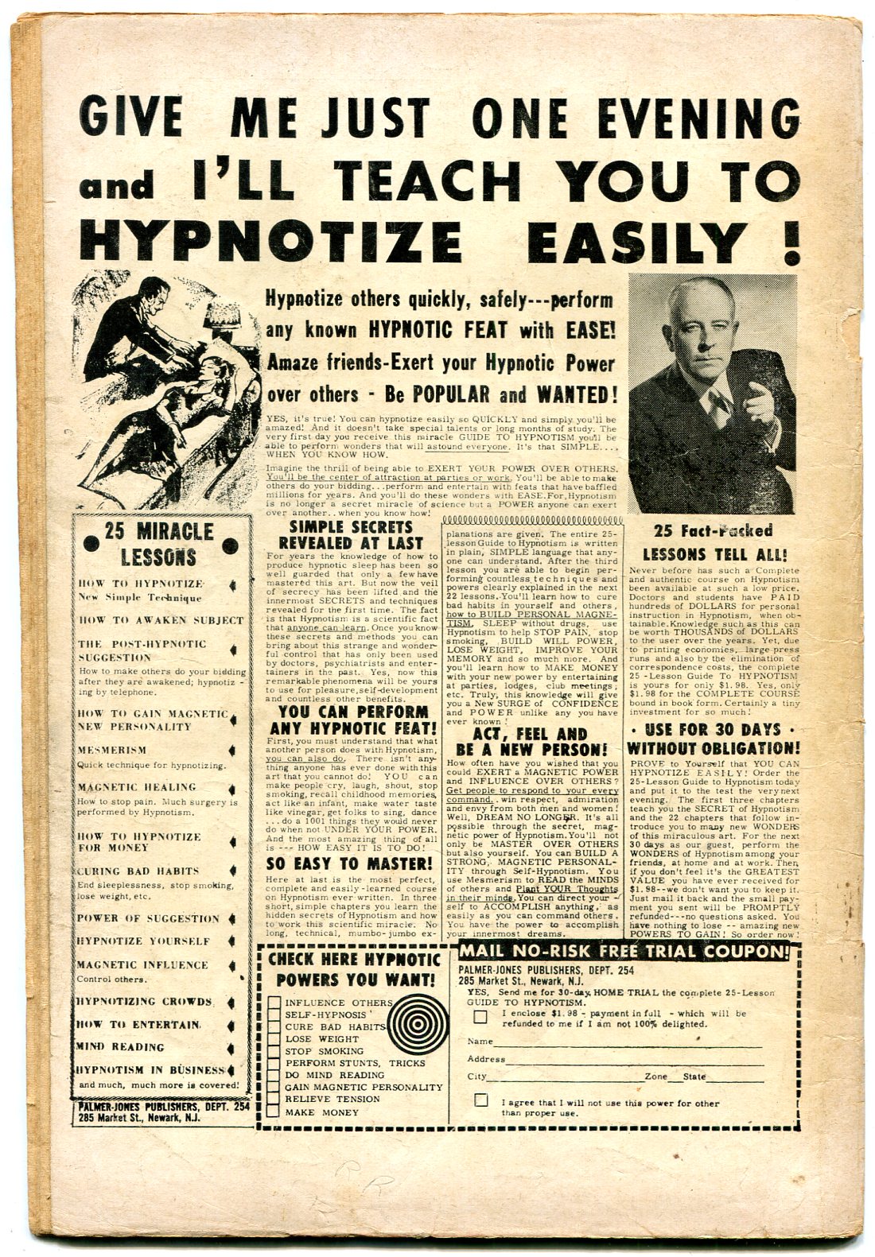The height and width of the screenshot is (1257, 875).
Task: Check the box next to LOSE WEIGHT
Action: [274, 1039]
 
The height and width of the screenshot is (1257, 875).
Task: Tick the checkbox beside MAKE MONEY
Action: [274, 1112]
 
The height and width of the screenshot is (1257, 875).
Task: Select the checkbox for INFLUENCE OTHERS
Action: [274, 1003]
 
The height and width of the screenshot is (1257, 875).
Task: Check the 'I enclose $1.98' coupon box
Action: [480, 1017]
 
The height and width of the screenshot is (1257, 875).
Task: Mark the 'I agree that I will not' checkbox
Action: [480, 1100]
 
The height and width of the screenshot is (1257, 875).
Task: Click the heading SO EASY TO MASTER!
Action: [350, 863]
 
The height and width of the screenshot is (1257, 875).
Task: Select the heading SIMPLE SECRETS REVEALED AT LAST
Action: [351, 534]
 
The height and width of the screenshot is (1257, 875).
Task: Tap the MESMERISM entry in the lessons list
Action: [112, 750]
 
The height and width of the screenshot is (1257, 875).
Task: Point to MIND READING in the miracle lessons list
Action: [121, 1047]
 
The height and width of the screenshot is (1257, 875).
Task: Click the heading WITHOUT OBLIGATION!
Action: [714, 748]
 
